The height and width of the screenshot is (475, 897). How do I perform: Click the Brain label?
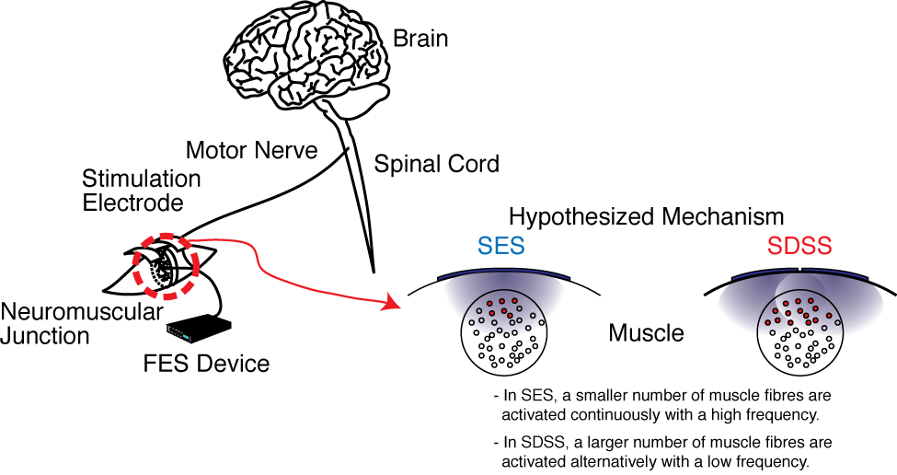420,39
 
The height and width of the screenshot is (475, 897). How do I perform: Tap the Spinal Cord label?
436,164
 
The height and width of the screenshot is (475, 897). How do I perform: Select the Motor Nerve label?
252,151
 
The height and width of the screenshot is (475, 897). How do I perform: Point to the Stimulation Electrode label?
142,191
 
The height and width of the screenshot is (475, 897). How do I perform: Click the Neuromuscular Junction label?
81,323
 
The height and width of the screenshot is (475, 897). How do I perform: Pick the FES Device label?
206,364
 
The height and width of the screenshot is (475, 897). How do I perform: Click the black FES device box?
199,330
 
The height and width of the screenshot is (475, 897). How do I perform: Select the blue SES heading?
501,246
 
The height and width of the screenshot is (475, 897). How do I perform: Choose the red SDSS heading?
799,246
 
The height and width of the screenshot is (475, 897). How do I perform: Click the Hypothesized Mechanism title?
647,217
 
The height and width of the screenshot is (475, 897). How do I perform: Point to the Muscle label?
646,333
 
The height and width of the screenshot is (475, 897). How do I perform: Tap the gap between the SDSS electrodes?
799,269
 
